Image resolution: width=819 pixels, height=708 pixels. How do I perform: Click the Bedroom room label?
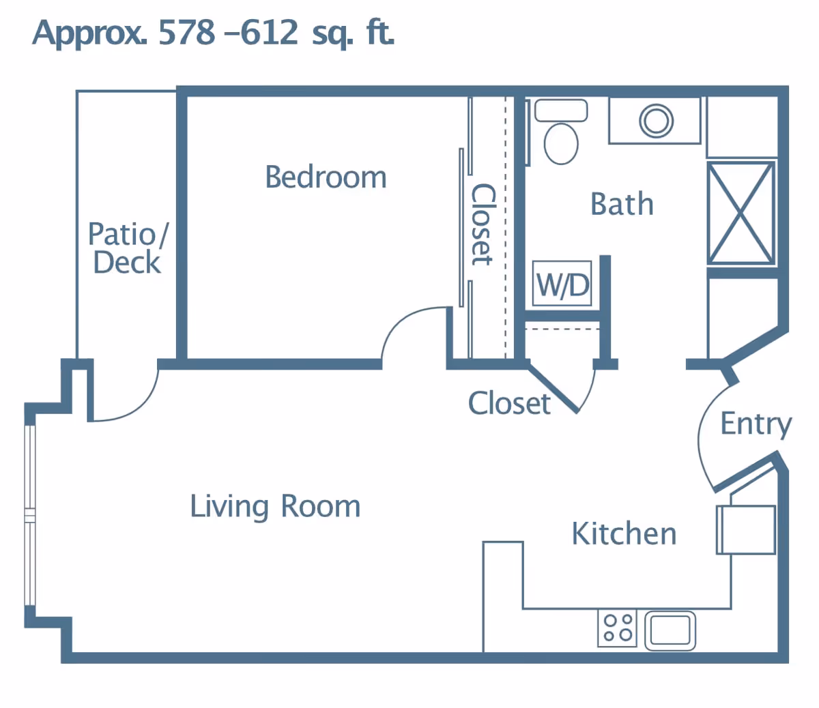[x=326, y=177]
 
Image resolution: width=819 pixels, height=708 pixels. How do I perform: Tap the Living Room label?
[x=275, y=507]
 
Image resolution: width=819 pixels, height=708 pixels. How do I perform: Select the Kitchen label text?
[x=624, y=534]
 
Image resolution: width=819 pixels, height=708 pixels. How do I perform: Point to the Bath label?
[x=622, y=204]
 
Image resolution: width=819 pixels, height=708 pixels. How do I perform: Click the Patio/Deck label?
[x=128, y=248]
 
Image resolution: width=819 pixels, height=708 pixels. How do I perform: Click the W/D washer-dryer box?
[x=562, y=284]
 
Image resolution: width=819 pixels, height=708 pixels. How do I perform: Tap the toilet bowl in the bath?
[x=561, y=143]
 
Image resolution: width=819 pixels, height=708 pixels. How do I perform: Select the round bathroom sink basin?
[x=656, y=121]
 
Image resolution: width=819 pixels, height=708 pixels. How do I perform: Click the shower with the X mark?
[x=741, y=213]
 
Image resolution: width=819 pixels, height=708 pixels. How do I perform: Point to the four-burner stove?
[x=617, y=628]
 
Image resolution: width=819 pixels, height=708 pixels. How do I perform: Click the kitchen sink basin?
[x=670, y=631]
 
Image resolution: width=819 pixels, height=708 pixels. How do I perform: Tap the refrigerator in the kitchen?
[x=746, y=530]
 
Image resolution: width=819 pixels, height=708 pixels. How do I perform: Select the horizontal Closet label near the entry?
[x=509, y=404]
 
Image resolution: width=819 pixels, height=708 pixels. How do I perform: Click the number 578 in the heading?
[x=186, y=33]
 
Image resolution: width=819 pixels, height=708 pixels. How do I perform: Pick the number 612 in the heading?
[x=269, y=33]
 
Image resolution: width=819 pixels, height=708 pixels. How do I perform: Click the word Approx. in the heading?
[x=89, y=35]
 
